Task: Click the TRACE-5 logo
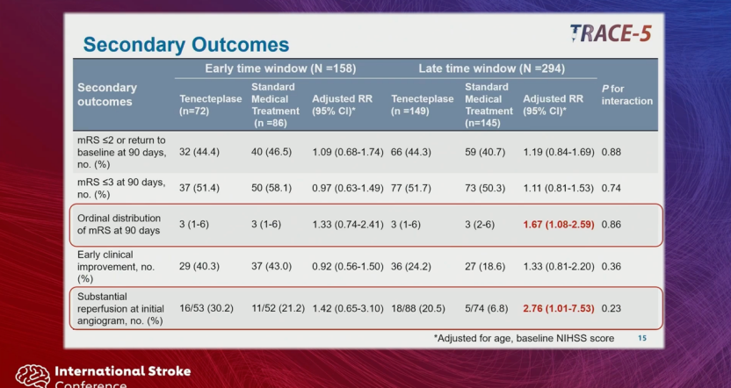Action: click(x=611, y=33)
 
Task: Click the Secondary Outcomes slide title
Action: click(x=186, y=45)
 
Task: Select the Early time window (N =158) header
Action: click(x=280, y=69)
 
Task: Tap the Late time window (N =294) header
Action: click(x=491, y=69)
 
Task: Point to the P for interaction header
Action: click(x=627, y=95)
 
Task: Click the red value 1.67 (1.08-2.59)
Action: click(x=559, y=225)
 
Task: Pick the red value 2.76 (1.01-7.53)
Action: click(x=559, y=308)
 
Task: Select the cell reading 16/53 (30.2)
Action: click(x=206, y=308)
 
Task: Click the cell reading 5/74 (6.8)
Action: click(x=486, y=308)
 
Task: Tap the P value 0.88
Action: click(x=612, y=152)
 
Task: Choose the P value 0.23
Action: click(x=612, y=308)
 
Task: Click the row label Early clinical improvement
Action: click(x=116, y=267)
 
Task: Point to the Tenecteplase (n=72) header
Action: click(x=210, y=104)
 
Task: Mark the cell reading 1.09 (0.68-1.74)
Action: click(x=348, y=152)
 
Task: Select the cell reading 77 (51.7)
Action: click(x=410, y=188)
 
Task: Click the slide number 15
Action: click(x=642, y=338)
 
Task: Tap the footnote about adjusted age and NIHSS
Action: click(x=524, y=339)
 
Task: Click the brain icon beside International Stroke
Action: click(x=33, y=376)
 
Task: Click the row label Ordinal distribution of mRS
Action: click(x=119, y=224)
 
